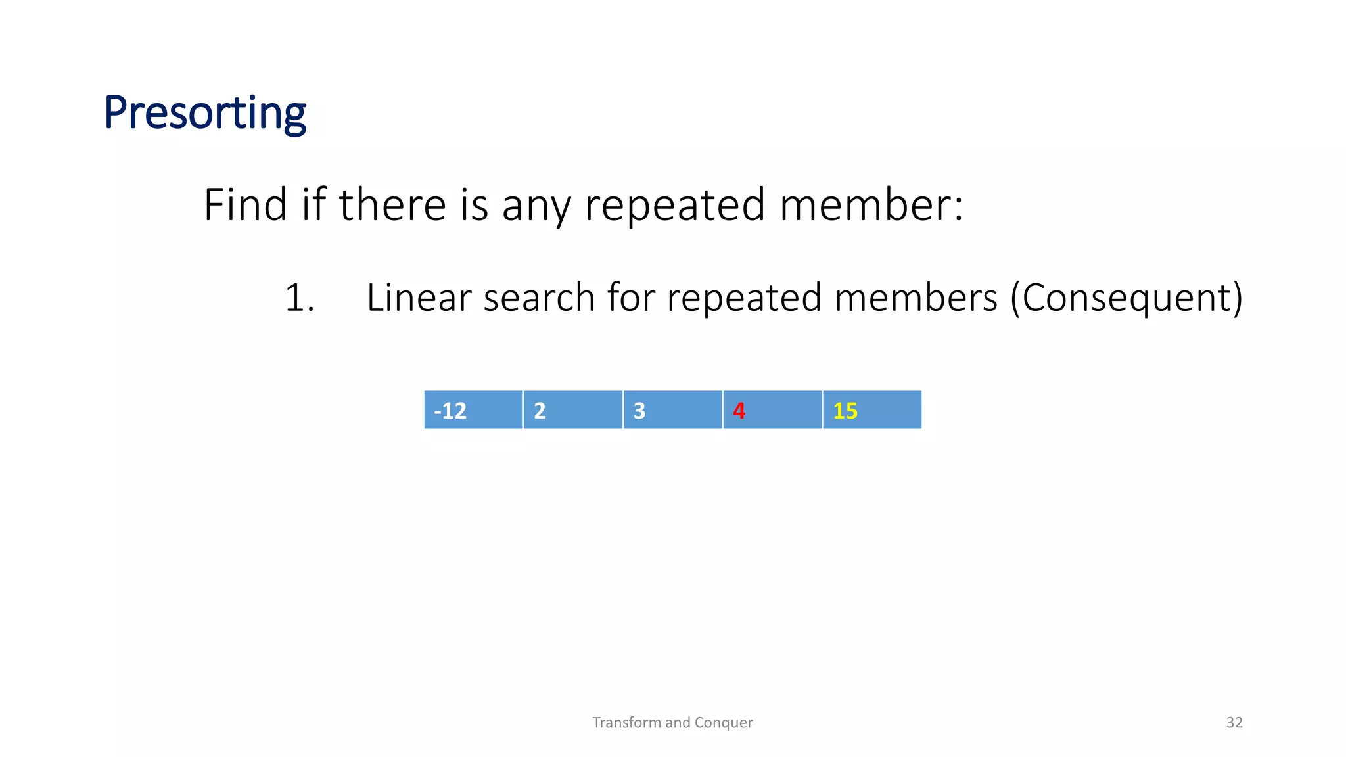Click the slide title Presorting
[204, 113]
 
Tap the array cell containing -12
[473, 410]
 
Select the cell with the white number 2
[572, 410]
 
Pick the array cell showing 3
[672, 410]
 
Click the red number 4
[739, 411]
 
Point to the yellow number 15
[845, 411]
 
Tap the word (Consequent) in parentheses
[1126, 298]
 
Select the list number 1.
[299, 298]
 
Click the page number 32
[1234, 722]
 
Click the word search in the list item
[540, 298]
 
